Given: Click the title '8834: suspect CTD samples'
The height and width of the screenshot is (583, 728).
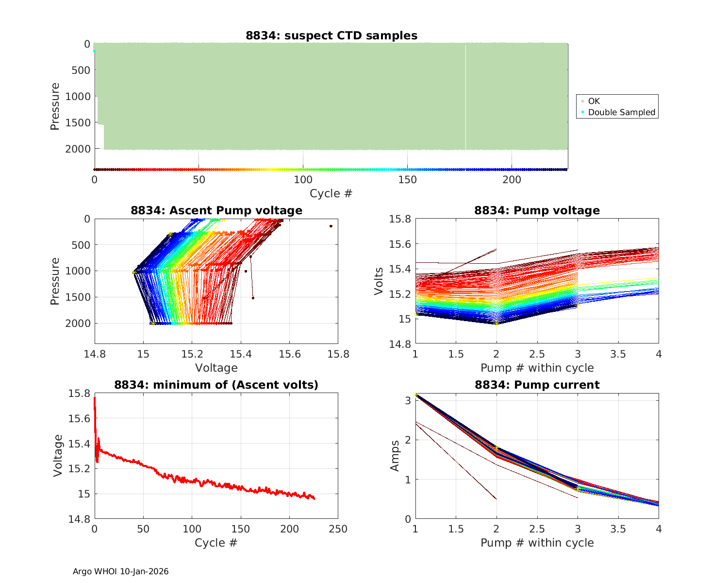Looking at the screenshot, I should point(331,35).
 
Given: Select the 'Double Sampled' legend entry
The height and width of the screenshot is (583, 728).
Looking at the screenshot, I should point(621,112).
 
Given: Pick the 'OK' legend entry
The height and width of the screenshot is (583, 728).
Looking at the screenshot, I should point(594,101).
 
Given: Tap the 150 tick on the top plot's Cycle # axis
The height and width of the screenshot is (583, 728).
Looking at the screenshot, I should point(407,180).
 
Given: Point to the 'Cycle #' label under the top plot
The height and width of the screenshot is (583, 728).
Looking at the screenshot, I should point(331,193).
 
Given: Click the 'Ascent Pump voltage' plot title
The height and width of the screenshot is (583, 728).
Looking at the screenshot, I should point(216,210).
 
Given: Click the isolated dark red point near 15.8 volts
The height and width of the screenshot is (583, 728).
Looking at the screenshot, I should point(331,226).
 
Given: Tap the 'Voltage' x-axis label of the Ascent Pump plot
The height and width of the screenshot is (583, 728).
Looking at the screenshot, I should point(216,368).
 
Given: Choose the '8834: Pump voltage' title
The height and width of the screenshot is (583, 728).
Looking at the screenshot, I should point(537,210).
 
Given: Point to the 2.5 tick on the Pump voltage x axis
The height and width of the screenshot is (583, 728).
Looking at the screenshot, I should point(537,354).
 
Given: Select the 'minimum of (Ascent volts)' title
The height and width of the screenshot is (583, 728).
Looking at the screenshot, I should point(216,385).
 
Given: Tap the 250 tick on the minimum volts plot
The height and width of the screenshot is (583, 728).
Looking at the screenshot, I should point(338,529).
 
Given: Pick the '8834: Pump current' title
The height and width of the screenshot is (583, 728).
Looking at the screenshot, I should point(537,385).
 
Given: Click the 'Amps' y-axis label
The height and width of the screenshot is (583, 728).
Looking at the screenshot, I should point(395,455).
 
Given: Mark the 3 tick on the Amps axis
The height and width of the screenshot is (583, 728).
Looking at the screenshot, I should point(408,400).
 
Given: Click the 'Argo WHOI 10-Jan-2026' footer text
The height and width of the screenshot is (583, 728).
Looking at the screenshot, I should point(121,571).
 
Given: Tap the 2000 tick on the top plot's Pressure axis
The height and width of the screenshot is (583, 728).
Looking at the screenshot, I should point(78,149).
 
